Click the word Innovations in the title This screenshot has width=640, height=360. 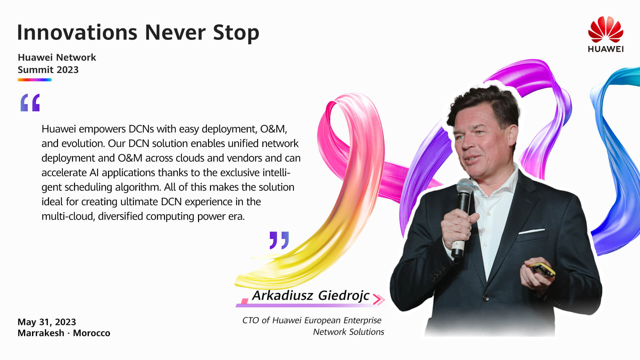[77, 32]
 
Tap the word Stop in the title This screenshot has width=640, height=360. [236, 33]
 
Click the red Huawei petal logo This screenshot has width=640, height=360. [606, 29]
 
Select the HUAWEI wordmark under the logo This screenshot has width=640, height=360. [606, 49]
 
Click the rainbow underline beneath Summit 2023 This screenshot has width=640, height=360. [35, 80]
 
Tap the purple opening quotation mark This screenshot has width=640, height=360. [30, 102]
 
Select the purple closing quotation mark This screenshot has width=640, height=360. [279, 240]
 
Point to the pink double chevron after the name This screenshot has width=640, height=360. [379, 299]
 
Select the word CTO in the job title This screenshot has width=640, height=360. [250, 320]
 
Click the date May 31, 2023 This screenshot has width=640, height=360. [47, 322]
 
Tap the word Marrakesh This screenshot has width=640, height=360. [41, 333]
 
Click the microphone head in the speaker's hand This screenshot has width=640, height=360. [465, 186]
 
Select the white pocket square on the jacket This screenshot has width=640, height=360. [531, 231]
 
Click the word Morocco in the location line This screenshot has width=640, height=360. [92, 333]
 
